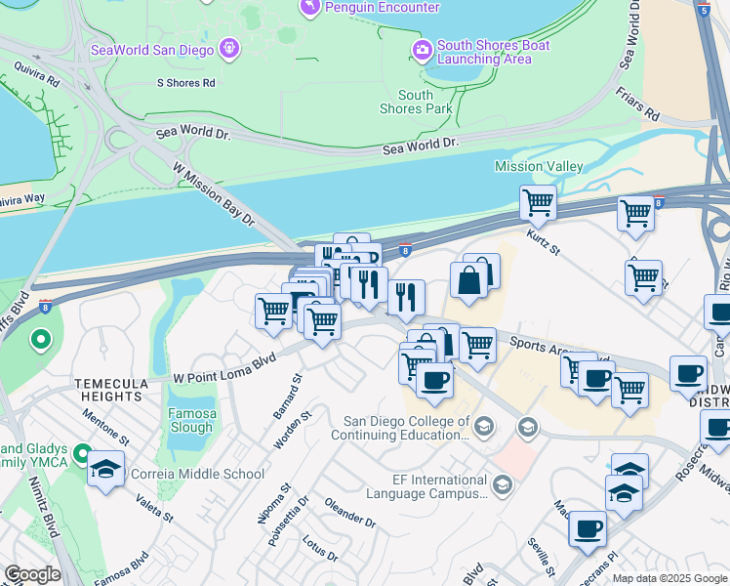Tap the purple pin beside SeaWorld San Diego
(230, 47)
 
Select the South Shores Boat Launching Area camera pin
(423, 49)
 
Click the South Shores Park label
(416, 102)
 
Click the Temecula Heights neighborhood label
(107, 391)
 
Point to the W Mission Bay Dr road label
(213, 194)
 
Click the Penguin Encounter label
(383, 8)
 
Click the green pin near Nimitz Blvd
(40, 341)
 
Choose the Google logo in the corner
(32, 574)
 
